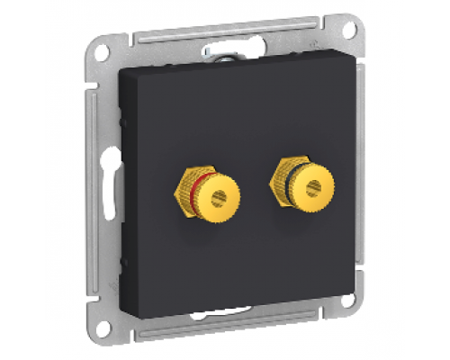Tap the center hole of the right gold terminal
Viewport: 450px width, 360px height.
312,188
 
